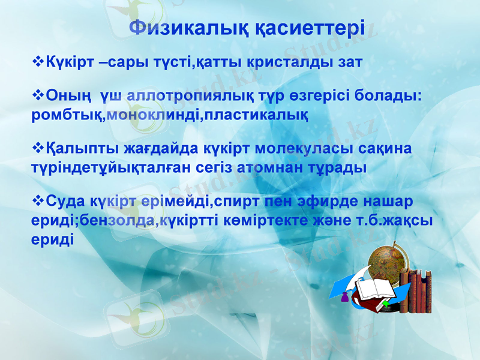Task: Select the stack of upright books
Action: pos(416,291)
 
